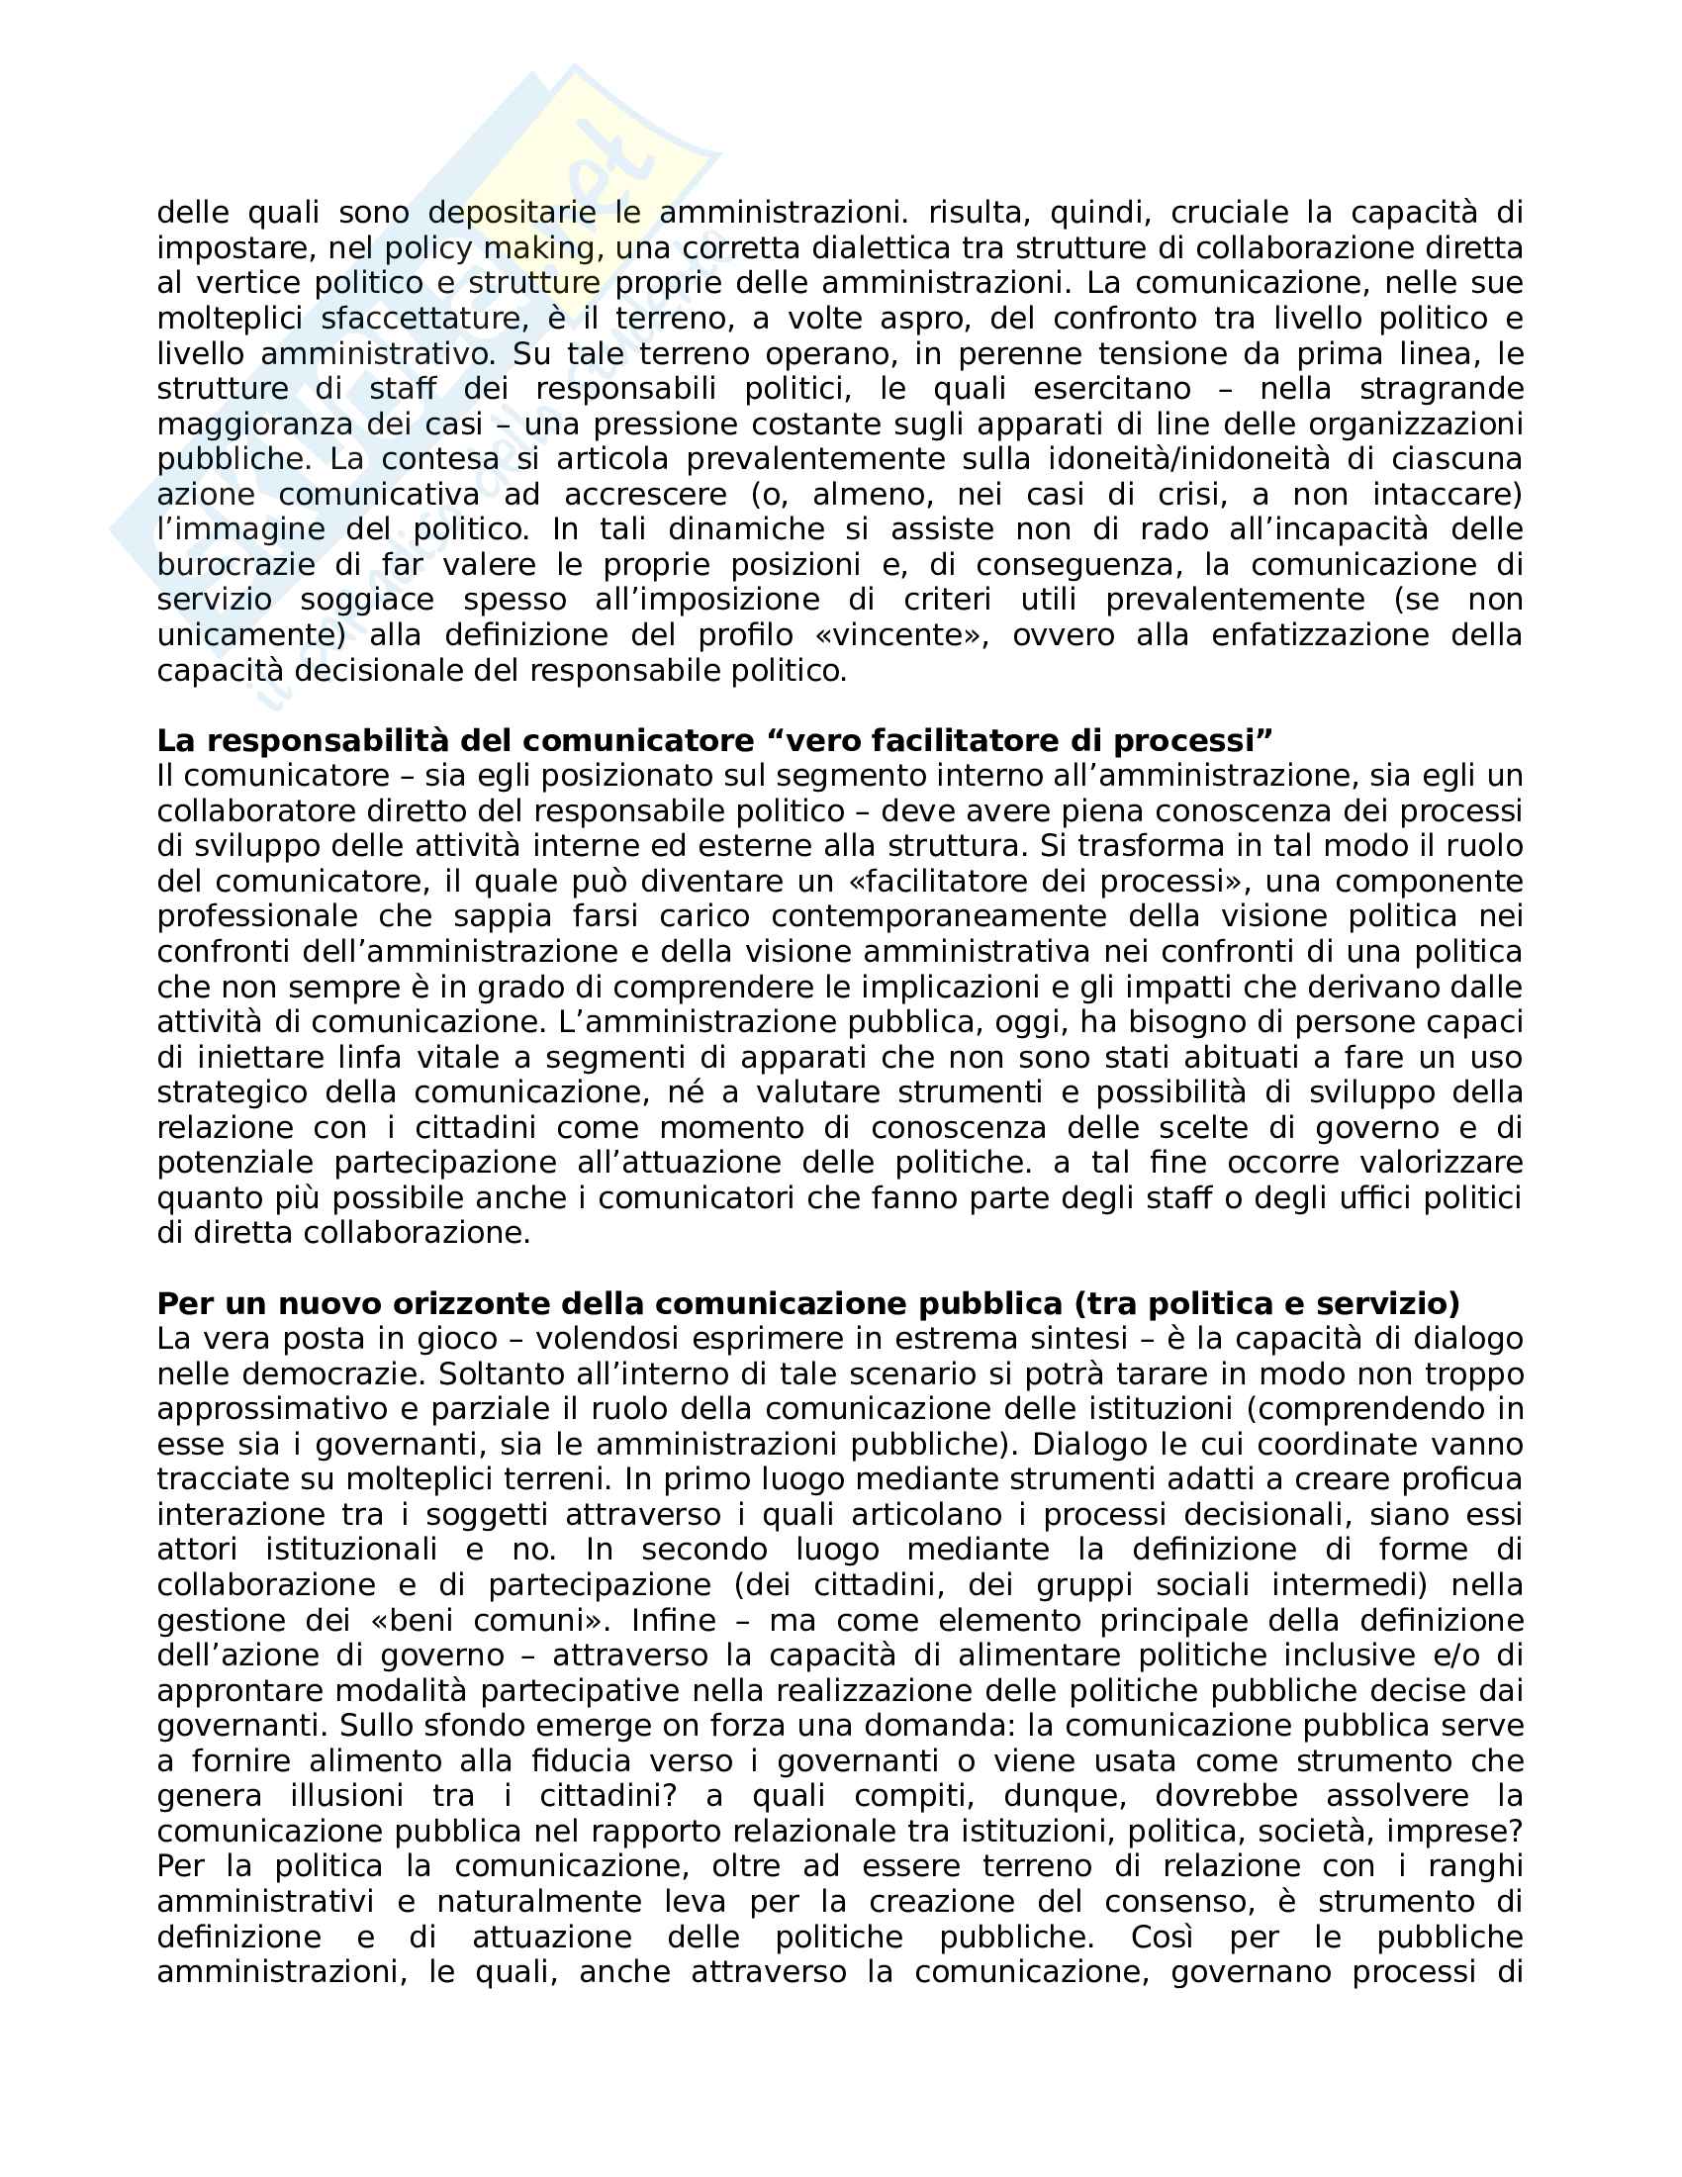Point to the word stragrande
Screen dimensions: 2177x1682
click(x=1441, y=388)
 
